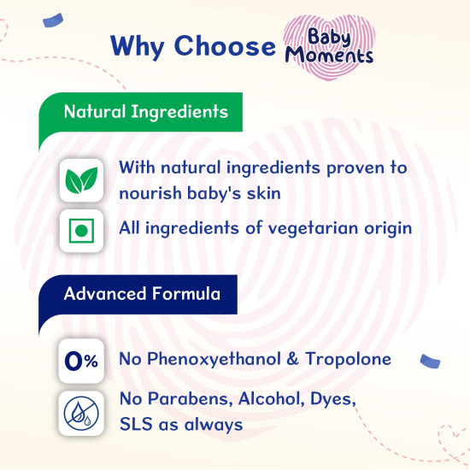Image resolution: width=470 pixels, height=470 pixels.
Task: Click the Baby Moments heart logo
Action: pos(329,44)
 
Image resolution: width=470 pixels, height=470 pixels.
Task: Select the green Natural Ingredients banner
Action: pos(141,112)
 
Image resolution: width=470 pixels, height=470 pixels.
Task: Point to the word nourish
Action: pos(152,193)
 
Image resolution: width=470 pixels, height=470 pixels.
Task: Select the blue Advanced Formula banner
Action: pos(141,294)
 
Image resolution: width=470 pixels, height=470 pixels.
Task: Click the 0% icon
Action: pos(81,361)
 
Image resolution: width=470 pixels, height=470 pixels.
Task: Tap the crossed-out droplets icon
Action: pos(81,412)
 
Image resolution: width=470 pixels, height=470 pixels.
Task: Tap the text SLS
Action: pos(137,424)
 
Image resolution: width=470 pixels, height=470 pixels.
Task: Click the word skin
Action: pos(261,193)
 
